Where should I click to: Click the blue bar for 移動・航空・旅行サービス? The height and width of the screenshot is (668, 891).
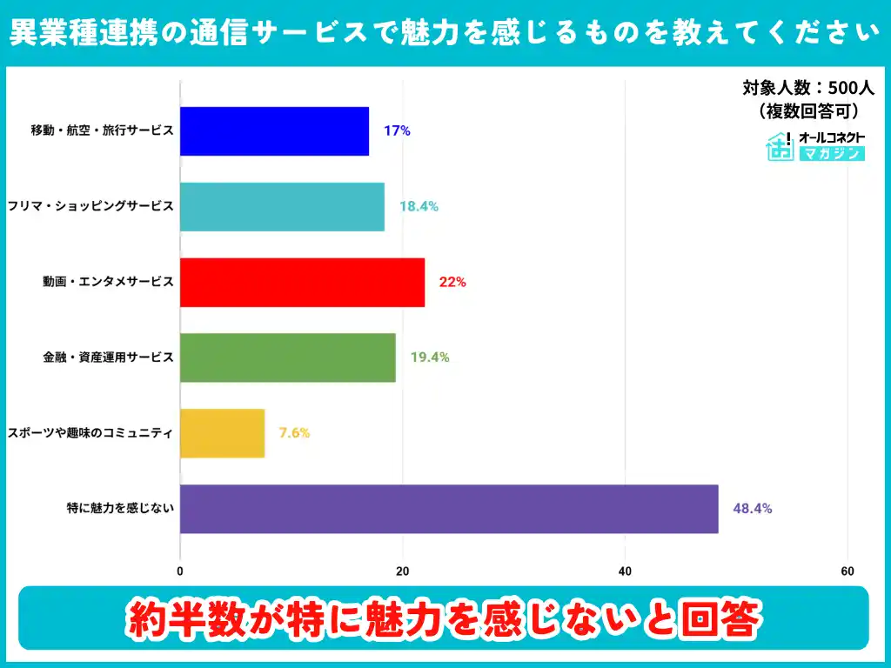click(274, 131)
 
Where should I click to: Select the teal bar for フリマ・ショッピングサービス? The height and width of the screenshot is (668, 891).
click(282, 207)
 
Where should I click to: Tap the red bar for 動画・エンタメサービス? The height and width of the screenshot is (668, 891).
click(302, 282)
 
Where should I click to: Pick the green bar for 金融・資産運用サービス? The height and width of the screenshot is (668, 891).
click(287, 357)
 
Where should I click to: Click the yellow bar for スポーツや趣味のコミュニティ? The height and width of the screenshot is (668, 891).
click(222, 433)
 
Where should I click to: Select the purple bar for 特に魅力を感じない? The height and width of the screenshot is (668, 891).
click(449, 509)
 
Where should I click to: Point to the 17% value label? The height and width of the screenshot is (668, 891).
click(396, 131)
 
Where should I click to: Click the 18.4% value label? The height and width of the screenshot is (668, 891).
click(419, 207)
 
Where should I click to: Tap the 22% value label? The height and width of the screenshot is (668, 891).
click(452, 282)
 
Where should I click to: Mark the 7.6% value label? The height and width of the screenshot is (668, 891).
click(294, 433)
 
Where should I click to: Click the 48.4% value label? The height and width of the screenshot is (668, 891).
click(752, 509)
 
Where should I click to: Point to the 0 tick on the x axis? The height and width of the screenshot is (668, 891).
click(180, 571)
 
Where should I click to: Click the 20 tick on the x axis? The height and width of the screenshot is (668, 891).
click(403, 571)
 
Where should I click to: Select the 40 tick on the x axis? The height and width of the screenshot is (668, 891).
click(625, 571)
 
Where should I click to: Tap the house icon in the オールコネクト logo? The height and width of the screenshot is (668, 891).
click(780, 147)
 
